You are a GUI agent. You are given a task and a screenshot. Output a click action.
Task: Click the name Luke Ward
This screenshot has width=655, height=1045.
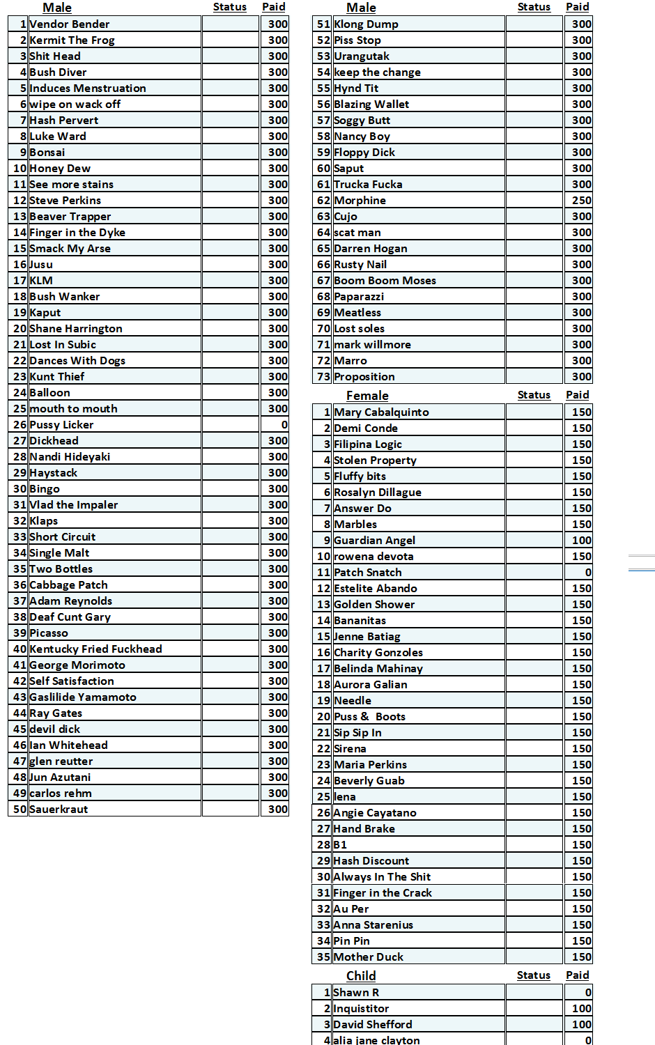click(x=58, y=137)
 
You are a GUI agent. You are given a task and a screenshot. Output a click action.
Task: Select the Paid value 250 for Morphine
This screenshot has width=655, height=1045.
click(x=581, y=201)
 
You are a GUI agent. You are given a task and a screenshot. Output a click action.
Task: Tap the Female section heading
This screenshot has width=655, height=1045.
click(x=367, y=396)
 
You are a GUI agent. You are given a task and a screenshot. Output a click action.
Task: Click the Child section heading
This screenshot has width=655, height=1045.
click(x=361, y=976)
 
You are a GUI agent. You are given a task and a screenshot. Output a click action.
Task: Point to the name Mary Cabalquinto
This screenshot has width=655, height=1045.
click(x=381, y=412)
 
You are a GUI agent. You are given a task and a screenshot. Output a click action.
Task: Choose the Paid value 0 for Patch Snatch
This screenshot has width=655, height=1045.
click(x=587, y=573)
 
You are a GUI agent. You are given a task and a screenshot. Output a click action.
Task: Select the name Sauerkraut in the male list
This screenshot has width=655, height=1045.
click(x=59, y=810)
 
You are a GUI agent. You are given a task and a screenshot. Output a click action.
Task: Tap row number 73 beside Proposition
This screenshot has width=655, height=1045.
click(x=323, y=377)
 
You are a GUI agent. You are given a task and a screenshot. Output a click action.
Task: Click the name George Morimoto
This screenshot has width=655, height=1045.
click(x=77, y=665)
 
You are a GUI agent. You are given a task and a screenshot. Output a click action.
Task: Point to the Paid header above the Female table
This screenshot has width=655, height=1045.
click(x=577, y=395)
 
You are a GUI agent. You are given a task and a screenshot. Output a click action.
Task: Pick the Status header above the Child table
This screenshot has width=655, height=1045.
click(x=533, y=975)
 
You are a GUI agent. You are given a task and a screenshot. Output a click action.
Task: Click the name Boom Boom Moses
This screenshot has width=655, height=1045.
click(x=385, y=281)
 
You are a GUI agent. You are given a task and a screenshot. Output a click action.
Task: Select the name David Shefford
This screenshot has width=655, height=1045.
click(x=373, y=1025)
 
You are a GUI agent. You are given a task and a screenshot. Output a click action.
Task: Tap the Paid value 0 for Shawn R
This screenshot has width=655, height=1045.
click(x=587, y=993)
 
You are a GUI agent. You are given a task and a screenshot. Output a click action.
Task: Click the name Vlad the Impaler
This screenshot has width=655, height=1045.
click(x=73, y=505)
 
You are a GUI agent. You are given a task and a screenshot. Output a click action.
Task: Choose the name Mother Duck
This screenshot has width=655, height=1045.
click(x=369, y=957)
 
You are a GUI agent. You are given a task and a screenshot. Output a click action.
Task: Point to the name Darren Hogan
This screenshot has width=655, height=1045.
click(x=370, y=249)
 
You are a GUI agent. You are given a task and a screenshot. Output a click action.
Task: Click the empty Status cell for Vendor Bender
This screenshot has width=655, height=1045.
click(x=230, y=24)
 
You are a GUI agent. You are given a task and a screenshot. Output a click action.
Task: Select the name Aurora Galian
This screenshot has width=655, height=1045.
click(x=370, y=685)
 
